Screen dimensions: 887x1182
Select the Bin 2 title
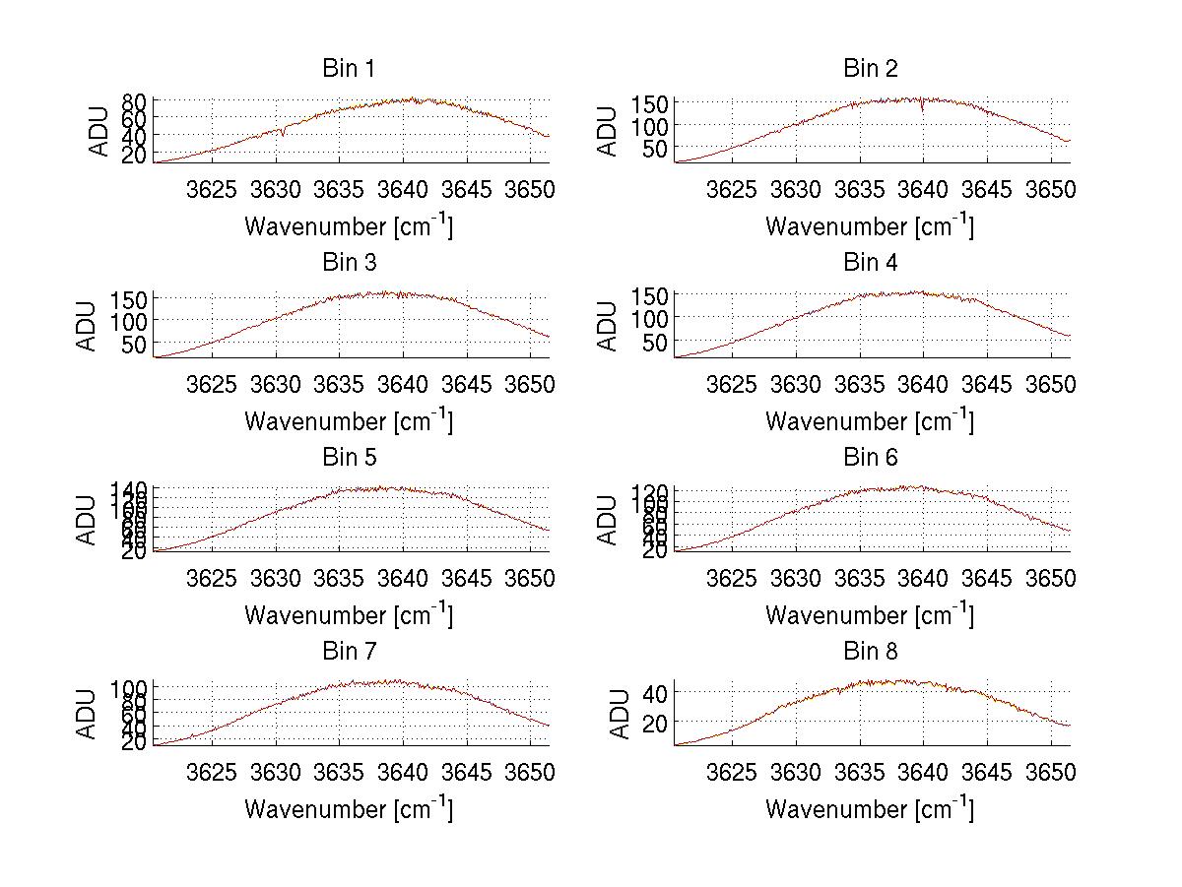[870, 69]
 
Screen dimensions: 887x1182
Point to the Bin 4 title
[870, 263]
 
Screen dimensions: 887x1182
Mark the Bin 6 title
[870, 458]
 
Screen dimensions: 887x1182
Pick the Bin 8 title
[870, 652]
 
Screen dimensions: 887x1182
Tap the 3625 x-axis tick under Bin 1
[212, 189]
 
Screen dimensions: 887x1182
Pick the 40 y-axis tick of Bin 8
[656, 693]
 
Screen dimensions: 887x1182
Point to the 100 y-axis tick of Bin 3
[131, 321]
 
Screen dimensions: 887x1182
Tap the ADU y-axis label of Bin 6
[609, 520]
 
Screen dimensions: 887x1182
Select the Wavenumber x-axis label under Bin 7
[348, 809]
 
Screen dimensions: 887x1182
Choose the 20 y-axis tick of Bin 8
[656, 723]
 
